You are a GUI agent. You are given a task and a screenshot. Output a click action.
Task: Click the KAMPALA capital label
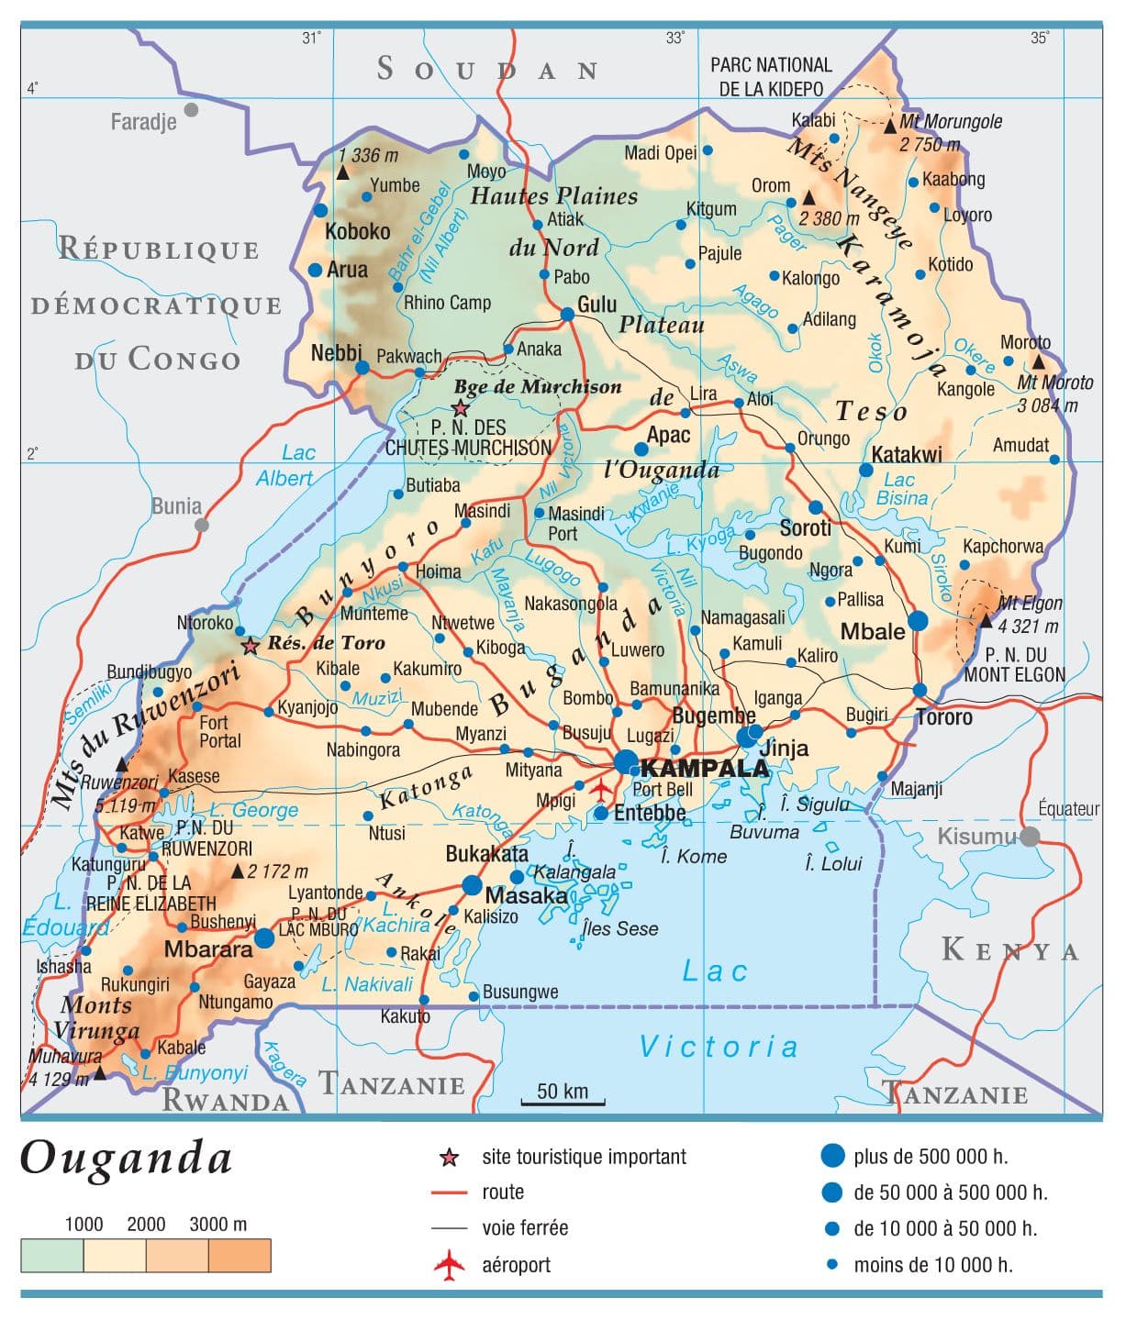[x=704, y=768]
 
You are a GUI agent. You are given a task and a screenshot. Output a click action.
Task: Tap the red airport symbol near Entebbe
[x=601, y=788]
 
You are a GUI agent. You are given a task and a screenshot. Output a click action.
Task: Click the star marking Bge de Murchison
[x=461, y=409]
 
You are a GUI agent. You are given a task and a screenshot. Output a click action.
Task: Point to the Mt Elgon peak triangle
[x=986, y=621]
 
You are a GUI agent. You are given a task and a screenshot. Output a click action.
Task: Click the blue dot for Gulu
[x=567, y=314]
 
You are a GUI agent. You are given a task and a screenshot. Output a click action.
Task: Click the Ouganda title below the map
[x=126, y=1158]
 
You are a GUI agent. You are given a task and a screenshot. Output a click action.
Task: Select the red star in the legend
[x=449, y=1158]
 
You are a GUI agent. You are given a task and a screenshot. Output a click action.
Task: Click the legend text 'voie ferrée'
[x=525, y=1227]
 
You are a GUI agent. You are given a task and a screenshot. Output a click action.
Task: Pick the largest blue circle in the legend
[x=831, y=1156]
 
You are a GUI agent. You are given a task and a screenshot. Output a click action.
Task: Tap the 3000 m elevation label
[x=217, y=1224]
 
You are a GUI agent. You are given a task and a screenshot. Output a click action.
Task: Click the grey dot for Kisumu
[x=1030, y=836]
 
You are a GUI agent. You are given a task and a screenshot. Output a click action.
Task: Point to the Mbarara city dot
[x=264, y=937]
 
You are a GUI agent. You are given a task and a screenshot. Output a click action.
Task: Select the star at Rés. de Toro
[x=250, y=646]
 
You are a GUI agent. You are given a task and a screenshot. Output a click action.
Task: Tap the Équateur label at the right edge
[x=1068, y=808]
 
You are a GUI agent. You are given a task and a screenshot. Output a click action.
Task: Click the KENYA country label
[x=1010, y=950]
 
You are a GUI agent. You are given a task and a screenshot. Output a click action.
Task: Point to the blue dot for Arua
[x=316, y=270]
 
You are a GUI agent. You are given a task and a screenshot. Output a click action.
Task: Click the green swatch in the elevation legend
[x=51, y=1255]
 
